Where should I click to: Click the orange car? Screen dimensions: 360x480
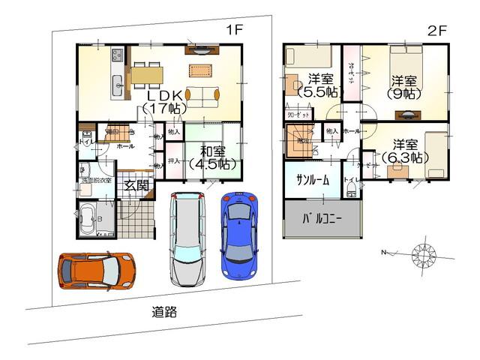95,271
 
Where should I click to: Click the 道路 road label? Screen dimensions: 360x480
164,313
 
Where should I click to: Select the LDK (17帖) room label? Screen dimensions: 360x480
164,102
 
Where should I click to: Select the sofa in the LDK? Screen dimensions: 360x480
202,95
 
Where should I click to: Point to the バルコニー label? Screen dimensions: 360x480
322,220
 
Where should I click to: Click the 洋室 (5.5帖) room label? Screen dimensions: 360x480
321,85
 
